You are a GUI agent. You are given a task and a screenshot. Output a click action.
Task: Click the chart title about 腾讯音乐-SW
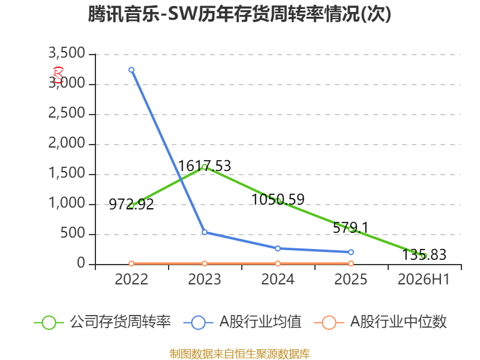coord(239,14)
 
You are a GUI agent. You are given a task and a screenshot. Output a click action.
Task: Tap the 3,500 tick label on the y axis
coord(67,53)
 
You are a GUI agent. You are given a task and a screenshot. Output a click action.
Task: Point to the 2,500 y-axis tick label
coord(67,113)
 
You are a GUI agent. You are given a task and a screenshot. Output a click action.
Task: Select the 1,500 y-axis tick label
coord(67,173)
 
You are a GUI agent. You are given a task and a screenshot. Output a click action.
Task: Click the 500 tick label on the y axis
coord(73,233)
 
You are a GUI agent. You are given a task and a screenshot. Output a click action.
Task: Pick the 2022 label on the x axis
coord(131,279)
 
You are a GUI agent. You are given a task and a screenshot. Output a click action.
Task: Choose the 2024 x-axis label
coord(278,279)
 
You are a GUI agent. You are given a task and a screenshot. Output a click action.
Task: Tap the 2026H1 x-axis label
coord(424,279)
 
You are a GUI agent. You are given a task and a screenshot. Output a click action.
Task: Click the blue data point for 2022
coord(131,70)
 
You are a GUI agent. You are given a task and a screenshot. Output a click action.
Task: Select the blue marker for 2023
coord(205,232)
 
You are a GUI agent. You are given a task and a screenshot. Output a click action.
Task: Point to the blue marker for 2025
coord(351,252)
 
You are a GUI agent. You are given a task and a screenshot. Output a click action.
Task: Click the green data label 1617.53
coord(205,166)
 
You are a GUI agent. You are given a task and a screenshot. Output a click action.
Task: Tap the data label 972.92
coord(131,204)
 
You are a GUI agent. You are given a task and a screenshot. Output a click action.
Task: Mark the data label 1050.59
coord(278,200)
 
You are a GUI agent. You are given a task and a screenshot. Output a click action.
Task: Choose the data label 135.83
coord(424,254)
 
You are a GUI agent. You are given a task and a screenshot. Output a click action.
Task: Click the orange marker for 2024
coord(278,263)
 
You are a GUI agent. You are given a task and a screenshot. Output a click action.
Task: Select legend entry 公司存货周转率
coord(102,322)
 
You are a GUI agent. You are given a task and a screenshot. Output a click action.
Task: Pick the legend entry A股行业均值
coord(242,322)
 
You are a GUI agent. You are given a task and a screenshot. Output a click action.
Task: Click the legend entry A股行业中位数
coord(380,322)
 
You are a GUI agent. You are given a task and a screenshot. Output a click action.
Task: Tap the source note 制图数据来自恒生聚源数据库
coord(240,354)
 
